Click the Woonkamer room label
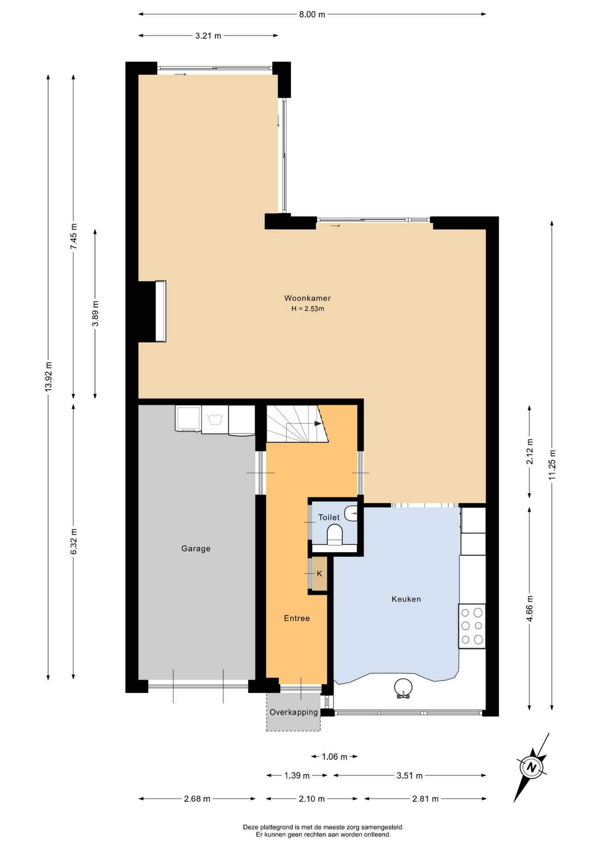307,298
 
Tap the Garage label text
196,549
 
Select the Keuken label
406,599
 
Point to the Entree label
296,618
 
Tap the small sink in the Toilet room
351,513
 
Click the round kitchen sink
403,688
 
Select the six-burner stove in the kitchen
472,626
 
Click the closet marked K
319,574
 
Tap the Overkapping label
294,712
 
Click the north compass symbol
531,768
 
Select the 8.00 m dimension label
312,15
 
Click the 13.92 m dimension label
49,376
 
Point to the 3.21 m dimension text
208,36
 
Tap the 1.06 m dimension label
334,757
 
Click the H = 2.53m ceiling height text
308,309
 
